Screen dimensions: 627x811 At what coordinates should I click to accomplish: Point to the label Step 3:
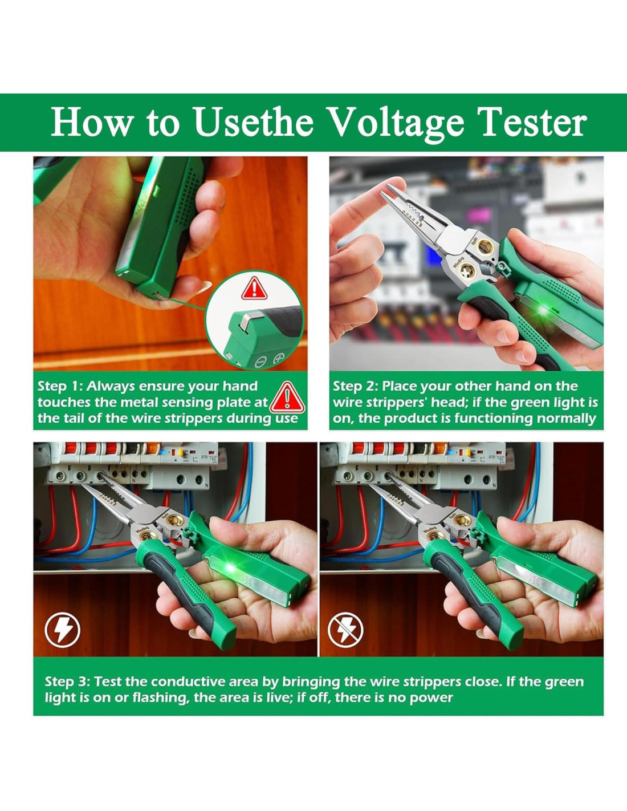click(x=67, y=682)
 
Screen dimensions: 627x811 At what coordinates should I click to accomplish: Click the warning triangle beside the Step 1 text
click(x=287, y=398)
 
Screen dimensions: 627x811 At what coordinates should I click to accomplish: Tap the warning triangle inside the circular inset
click(x=254, y=288)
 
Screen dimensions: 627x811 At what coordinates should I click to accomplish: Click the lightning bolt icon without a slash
click(x=62, y=631)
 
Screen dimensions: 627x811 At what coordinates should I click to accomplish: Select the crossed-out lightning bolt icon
click(x=345, y=631)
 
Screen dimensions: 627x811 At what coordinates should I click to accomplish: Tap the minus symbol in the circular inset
click(x=260, y=362)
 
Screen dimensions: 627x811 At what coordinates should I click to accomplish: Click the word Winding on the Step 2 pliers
click(x=458, y=262)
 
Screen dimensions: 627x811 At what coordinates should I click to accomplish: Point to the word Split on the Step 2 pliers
click(x=474, y=242)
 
